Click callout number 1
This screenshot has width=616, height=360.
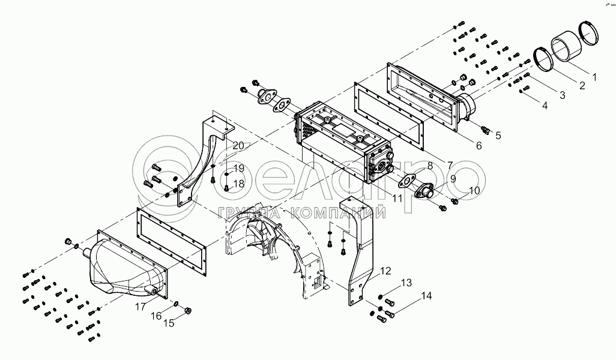pyautogui.click(x=594, y=77)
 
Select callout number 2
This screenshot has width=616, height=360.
pyautogui.click(x=582, y=85)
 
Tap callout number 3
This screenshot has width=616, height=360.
pyautogui.click(x=562, y=95)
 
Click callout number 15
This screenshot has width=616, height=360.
pyautogui.click(x=169, y=324)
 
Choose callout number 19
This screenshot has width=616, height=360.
pyautogui.click(x=239, y=168)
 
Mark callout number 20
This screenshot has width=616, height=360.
pyautogui.click(x=238, y=145)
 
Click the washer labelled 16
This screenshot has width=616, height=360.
pyautogui.click(x=176, y=304)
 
